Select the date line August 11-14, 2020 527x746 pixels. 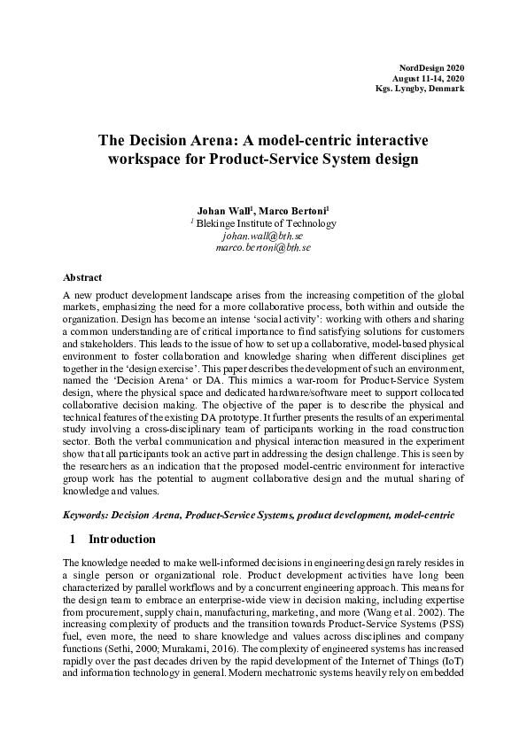(429, 79)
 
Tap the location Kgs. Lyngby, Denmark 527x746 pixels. (420, 90)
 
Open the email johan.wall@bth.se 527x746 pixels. (263, 237)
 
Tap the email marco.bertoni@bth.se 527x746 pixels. (263, 248)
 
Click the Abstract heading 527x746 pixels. (83, 277)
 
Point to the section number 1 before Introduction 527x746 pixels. (72, 539)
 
